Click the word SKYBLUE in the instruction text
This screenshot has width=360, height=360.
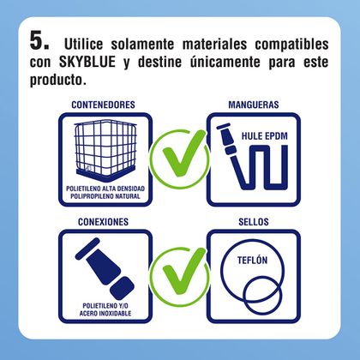click(87, 62)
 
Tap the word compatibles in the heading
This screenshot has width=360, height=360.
click(291, 45)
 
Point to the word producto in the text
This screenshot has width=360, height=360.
click(58, 80)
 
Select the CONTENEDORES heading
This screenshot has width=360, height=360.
click(103, 105)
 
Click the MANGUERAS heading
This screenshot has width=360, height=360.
click(254, 105)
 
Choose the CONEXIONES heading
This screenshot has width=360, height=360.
click(103, 222)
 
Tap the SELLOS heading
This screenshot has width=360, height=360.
click(254, 222)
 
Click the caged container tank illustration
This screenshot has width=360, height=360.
click(105, 150)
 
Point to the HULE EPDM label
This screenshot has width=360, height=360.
click(265, 136)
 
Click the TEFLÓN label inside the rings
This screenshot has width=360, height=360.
click(252, 261)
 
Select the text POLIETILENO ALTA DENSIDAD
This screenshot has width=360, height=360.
click(105, 189)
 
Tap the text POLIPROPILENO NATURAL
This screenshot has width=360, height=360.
click(105, 196)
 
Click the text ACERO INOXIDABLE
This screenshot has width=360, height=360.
click(105, 314)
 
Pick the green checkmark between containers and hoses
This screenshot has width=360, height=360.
click(180, 159)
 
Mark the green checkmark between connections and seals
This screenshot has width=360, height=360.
click(180, 276)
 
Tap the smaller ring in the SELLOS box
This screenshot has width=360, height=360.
click(262, 296)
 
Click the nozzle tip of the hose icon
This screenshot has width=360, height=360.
click(223, 126)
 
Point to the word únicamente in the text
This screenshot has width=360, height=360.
click(225, 62)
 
